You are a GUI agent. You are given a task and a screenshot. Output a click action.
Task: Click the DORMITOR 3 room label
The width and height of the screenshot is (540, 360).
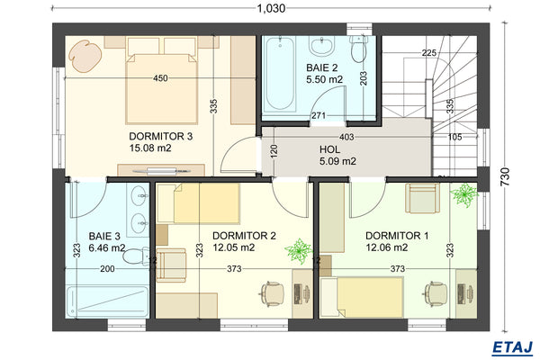click(161, 136)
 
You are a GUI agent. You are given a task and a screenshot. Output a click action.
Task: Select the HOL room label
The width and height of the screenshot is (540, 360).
click(329, 149)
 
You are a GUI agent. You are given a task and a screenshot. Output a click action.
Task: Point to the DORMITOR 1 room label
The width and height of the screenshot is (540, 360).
click(398, 235)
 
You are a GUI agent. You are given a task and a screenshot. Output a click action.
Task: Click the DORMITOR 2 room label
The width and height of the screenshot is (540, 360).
click(244, 235)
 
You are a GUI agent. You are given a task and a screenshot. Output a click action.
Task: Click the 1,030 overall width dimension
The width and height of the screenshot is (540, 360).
click(270, 9)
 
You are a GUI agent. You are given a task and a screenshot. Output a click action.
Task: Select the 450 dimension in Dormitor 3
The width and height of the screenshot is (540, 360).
click(160, 78)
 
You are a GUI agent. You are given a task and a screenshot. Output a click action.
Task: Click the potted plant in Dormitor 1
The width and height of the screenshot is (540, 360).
click(464, 193)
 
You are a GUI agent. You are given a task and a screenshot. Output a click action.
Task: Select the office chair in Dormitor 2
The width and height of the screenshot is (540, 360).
click(270, 292)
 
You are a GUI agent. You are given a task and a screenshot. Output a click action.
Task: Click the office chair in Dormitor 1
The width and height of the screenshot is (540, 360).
click(434, 292)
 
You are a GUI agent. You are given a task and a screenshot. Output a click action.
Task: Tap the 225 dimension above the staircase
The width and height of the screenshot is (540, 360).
click(428, 51)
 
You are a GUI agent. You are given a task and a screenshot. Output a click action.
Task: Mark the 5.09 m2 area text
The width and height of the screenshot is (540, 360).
click(337, 162)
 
